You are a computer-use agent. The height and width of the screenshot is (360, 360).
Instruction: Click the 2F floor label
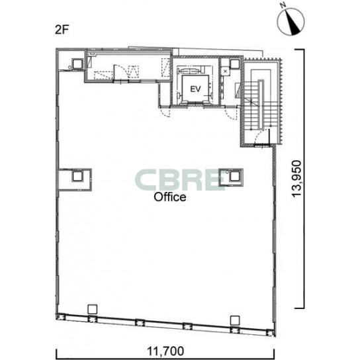(62, 30)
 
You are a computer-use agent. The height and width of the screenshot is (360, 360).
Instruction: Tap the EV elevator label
(195, 89)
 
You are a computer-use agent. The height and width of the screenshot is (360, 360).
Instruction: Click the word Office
(170, 197)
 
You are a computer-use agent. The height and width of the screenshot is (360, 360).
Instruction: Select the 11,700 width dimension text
(165, 351)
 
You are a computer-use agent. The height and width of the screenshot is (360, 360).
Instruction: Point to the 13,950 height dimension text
(296, 179)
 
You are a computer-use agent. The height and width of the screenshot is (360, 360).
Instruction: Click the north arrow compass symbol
(291, 22)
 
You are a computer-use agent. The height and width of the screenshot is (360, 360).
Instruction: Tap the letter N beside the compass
(283, 5)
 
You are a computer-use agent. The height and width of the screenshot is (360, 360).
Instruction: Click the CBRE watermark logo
(180, 180)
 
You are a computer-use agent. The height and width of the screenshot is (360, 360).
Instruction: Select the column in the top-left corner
(77, 64)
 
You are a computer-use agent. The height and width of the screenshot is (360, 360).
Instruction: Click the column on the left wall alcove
(77, 176)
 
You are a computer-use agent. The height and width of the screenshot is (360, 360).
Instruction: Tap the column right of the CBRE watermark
(234, 176)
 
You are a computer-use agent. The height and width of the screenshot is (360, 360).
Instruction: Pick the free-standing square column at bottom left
(92, 309)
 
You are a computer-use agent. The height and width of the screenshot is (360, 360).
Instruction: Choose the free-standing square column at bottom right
(235, 320)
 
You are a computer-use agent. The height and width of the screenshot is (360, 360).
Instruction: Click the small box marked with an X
(225, 71)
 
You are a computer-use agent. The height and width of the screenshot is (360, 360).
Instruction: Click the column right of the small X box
(234, 64)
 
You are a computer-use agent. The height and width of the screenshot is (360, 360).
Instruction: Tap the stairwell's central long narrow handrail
(261, 105)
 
